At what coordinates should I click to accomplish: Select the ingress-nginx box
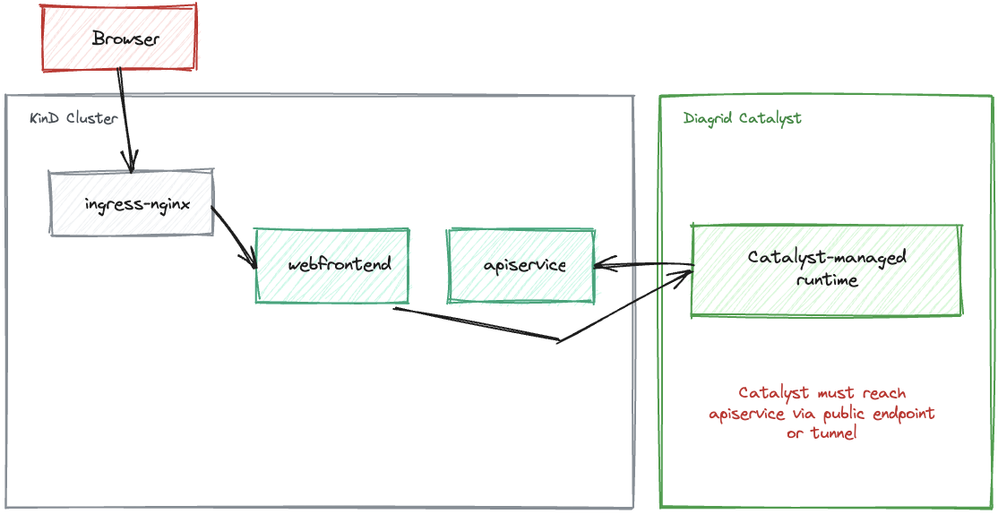point(132,203)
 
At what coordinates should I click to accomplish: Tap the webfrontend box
point(332,265)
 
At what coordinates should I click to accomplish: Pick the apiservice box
point(521,265)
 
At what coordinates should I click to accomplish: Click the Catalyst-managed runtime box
point(826,270)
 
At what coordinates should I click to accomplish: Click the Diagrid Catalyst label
point(742,118)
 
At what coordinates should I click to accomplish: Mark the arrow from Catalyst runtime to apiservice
point(643,264)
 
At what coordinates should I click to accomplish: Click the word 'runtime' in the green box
point(827,280)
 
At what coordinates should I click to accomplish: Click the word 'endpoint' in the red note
point(900,414)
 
